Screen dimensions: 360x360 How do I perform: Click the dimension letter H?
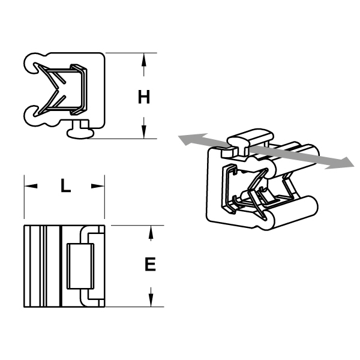[x=144, y=97]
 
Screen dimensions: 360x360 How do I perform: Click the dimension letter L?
[x=65, y=185]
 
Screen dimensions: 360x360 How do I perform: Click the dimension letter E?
[x=151, y=264]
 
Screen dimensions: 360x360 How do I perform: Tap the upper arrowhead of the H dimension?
[x=144, y=59]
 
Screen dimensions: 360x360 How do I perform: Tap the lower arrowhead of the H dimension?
[x=144, y=132]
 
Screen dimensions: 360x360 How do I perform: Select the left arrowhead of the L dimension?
[x=31, y=186]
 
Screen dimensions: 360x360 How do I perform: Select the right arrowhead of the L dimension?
[x=98, y=186]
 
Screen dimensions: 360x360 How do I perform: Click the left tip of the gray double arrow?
[x=179, y=136]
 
